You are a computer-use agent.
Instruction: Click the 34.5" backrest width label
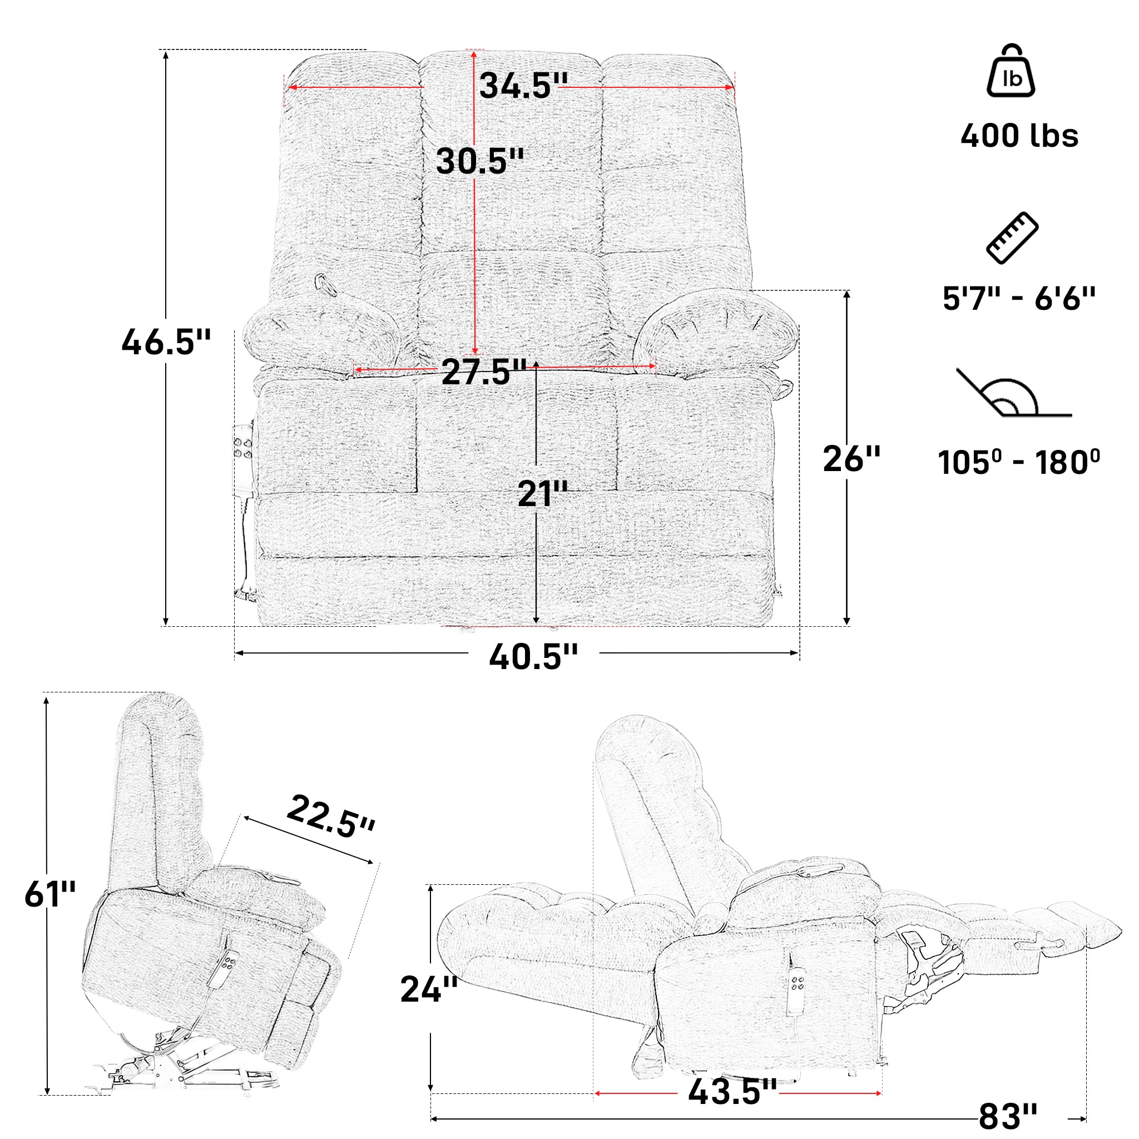[523, 86]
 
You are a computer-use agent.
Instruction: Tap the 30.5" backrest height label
[479, 161]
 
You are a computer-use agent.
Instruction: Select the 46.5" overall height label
[166, 343]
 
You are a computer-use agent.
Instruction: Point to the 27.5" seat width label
[483, 372]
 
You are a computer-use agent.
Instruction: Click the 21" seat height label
[542, 494]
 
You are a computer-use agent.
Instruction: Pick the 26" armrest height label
[851, 459]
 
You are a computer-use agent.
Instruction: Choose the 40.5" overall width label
[533, 657]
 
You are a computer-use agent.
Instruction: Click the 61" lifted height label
[50, 894]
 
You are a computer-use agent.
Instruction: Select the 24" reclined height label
[429, 989]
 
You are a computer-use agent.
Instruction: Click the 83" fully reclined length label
[1008, 1116]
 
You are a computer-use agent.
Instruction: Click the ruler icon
[1012, 237]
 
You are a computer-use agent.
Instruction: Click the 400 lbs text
[1019, 136]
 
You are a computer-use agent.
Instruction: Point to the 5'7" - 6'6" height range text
[1019, 299]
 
